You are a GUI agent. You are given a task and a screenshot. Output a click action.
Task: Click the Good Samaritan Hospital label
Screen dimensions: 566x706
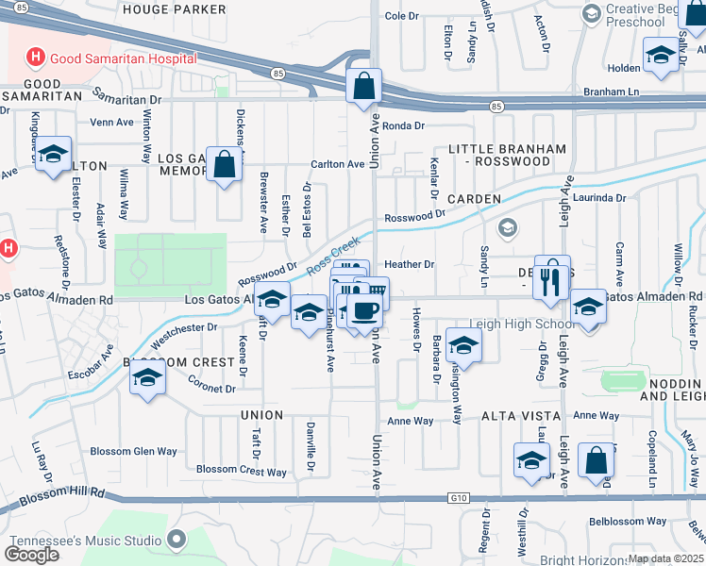point(123,58)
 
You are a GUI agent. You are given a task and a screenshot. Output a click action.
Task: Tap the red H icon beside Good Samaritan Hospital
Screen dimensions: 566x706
point(36,58)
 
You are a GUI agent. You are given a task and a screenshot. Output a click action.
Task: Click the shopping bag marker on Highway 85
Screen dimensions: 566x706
point(363,87)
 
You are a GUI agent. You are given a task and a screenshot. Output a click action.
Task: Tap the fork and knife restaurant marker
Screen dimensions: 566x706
point(552,277)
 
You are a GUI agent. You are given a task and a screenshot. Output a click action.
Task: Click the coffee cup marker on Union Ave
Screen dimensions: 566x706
point(364,311)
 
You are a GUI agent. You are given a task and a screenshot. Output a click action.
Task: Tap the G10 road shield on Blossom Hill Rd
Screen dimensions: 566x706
point(457,498)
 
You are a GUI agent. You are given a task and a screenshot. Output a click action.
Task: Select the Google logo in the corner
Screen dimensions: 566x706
point(31,555)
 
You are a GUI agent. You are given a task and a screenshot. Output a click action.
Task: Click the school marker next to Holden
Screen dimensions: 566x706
point(662,55)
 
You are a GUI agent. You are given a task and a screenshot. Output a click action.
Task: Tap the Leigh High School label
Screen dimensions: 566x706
point(533,324)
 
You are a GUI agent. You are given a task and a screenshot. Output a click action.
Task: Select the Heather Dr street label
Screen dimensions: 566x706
point(409,265)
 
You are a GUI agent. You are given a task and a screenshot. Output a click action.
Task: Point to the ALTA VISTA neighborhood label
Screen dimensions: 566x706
point(516,415)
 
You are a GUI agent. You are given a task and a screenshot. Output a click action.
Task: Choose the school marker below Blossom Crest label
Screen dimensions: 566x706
point(146,379)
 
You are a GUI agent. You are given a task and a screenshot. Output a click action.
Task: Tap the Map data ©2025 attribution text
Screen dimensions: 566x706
point(665,558)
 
